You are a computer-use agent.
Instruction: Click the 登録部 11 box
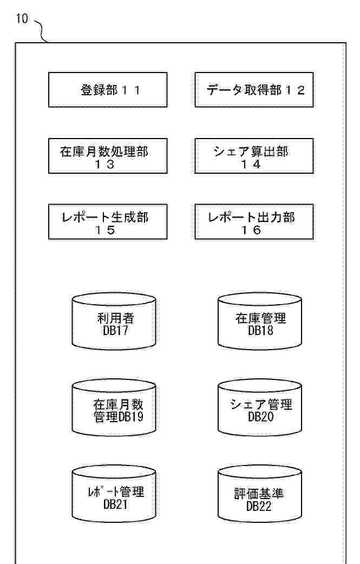pyautogui.click(x=108, y=90)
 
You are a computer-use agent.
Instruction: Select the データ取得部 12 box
pyautogui.click(x=254, y=90)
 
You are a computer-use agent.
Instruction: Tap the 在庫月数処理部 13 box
pyautogui.click(x=108, y=156)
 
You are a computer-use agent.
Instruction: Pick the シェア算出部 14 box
pyautogui.click(x=254, y=156)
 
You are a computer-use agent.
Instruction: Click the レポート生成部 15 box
pyautogui.click(x=108, y=221)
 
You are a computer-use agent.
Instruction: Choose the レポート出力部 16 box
pyautogui.click(x=254, y=221)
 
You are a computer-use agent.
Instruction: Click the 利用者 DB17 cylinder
pyautogui.click(x=114, y=321)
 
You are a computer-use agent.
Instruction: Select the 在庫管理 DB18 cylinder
pyautogui.click(x=260, y=321)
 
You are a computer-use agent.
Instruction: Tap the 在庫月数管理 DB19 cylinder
pyautogui.click(x=114, y=408)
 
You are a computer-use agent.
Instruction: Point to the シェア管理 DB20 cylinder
pyautogui.click(x=260, y=408)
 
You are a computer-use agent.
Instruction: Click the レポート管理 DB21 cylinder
pyautogui.click(x=114, y=494)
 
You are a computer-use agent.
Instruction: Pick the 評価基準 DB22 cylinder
pyautogui.click(x=260, y=494)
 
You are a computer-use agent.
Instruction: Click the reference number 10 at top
pyautogui.click(x=22, y=19)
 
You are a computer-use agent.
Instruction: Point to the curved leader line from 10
pyautogui.click(x=42, y=30)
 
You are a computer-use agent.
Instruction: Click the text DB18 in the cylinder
pyautogui.click(x=260, y=330)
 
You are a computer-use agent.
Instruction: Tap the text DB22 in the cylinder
pyautogui.click(x=259, y=506)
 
